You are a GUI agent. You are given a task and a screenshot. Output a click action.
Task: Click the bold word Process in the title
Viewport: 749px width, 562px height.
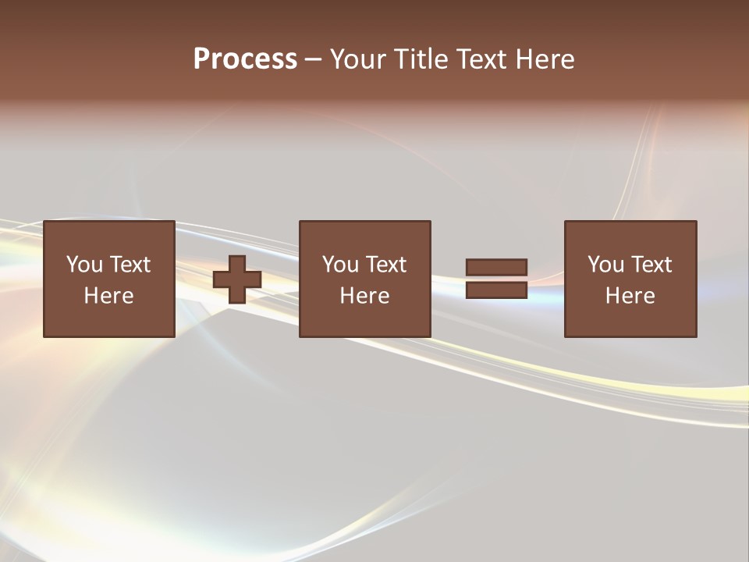click(x=245, y=59)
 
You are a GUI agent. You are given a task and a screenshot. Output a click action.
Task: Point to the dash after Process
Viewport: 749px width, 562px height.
click(x=313, y=59)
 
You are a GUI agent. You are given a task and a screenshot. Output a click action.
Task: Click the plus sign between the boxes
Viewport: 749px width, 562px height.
click(x=237, y=279)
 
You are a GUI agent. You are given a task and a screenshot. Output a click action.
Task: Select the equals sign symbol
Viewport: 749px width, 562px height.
click(x=496, y=279)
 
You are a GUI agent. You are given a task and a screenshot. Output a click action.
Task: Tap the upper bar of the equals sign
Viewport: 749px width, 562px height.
click(x=496, y=267)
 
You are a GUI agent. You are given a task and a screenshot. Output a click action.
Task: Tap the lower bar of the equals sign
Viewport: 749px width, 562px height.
click(x=496, y=290)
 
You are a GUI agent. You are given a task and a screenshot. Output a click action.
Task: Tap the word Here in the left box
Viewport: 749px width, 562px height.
click(x=109, y=296)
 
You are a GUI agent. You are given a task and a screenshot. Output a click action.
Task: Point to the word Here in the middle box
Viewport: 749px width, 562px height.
click(x=364, y=296)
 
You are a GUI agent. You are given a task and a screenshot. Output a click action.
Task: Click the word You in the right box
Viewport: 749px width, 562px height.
click(x=606, y=265)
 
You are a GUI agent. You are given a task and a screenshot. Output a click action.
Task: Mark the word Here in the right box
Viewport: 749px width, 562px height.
click(x=630, y=296)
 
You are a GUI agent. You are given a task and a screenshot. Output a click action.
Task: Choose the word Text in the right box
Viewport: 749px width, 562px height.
click(x=651, y=265)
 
